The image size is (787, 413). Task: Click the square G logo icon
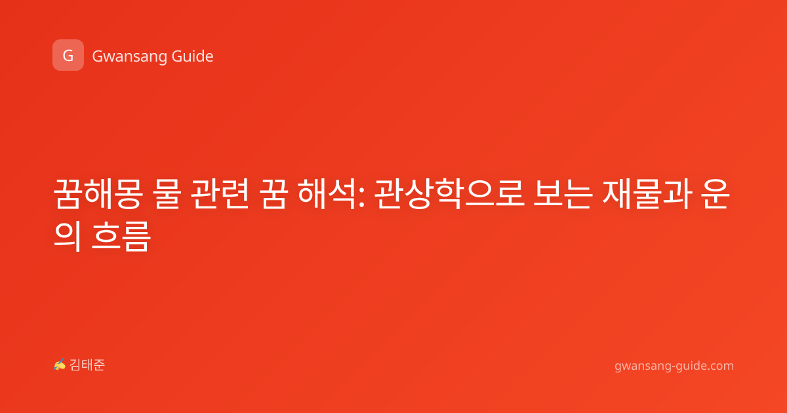(x=68, y=55)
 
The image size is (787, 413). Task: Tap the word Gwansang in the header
(x=129, y=57)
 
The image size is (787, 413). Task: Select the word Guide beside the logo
(x=193, y=56)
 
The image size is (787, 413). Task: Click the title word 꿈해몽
(x=98, y=194)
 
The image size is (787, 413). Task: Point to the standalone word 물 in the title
(x=167, y=194)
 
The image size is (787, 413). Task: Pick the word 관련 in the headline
(x=220, y=194)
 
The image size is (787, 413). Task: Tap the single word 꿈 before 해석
(x=273, y=194)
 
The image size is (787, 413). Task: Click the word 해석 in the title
(x=327, y=194)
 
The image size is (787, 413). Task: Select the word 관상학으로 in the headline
(x=450, y=194)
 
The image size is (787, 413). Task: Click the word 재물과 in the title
(x=647, y=194)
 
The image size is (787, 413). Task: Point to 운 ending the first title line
(x=716, y=194)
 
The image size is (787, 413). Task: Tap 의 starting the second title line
(x=68, y=236)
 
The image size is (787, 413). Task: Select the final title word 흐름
(x=121, y=236)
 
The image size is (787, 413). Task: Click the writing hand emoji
(x=60, y=364)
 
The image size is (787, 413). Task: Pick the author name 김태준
(x=87, y=365)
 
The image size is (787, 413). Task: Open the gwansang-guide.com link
(x=674, y=366)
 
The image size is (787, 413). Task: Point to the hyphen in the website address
(x=673, y=367)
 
